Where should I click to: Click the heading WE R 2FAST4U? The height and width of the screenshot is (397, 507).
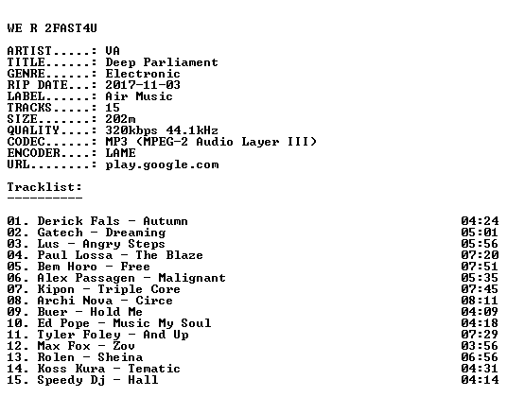pyautogui.click(x=52, y=28)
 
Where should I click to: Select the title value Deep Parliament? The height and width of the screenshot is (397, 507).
pyautogui.click(x=162, y=62)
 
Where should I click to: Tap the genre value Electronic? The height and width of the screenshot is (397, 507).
pyautogui.click(x=143, y=74)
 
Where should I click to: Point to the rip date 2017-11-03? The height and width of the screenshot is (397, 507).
pyautogui.click(x=143, y=85)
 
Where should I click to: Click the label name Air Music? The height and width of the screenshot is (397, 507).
pyautogui.click(x=139, y=96)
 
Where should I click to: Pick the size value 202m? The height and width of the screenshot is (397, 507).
pyautogui.click(x=121, y=119)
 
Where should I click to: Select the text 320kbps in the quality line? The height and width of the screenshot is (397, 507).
pyautogui.click(x=131, y=130)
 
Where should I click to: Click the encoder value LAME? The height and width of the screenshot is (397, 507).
pyautogui.click(x=121, y=153)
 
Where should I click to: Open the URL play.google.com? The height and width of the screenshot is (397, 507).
pyautogui.click(x=162, y=164)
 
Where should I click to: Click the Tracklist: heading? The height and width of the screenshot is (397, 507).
pyautogui.click(x=44, y=187)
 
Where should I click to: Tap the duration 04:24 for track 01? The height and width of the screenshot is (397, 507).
pyautogui.click(x=481, y=221)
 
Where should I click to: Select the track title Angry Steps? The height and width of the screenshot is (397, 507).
pyautogui.click(x=124, y=244)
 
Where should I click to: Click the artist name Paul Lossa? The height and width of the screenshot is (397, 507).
pyautogui.click(x=75, y=255)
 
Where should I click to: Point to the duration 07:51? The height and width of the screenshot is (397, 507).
pyautogui.click(x=481, y=267)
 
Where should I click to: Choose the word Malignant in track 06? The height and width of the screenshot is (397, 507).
pyautogui.click(x=192, y=278)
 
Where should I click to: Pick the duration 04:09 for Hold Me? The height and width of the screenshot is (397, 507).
pyautogui.click(x=481, y=312)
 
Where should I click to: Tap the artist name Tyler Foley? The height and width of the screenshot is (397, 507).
pyautogui.click(x=79, y=335)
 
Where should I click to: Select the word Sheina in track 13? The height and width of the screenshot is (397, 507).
pyautogui.click(x=120, y=357)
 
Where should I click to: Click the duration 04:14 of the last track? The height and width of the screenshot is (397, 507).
pyautogui.click(x=481, y=380)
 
